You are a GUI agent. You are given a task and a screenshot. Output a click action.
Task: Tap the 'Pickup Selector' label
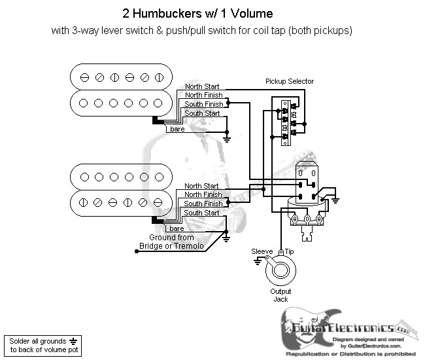tap(289, 82)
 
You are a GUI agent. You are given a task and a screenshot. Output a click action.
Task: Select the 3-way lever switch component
tap(285, 120)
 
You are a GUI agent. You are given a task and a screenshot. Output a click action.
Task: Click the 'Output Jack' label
tap(281, 295)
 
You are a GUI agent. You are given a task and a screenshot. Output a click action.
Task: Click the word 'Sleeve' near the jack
tap(262, 251)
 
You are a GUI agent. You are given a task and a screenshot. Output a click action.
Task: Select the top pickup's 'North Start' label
tap(203, 86)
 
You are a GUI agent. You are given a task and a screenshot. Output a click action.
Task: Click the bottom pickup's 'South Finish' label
tap(202, 204)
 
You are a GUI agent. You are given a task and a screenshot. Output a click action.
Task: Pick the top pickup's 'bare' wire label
tap(177, 129)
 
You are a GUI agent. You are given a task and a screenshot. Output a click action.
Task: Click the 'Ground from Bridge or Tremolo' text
tap(171, 242)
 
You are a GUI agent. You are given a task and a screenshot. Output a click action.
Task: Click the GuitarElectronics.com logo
tap(347, 327)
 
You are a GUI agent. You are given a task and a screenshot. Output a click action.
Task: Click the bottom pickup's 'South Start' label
tap(201, 213)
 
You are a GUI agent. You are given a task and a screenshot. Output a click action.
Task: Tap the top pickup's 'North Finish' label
tap(203, 95)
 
